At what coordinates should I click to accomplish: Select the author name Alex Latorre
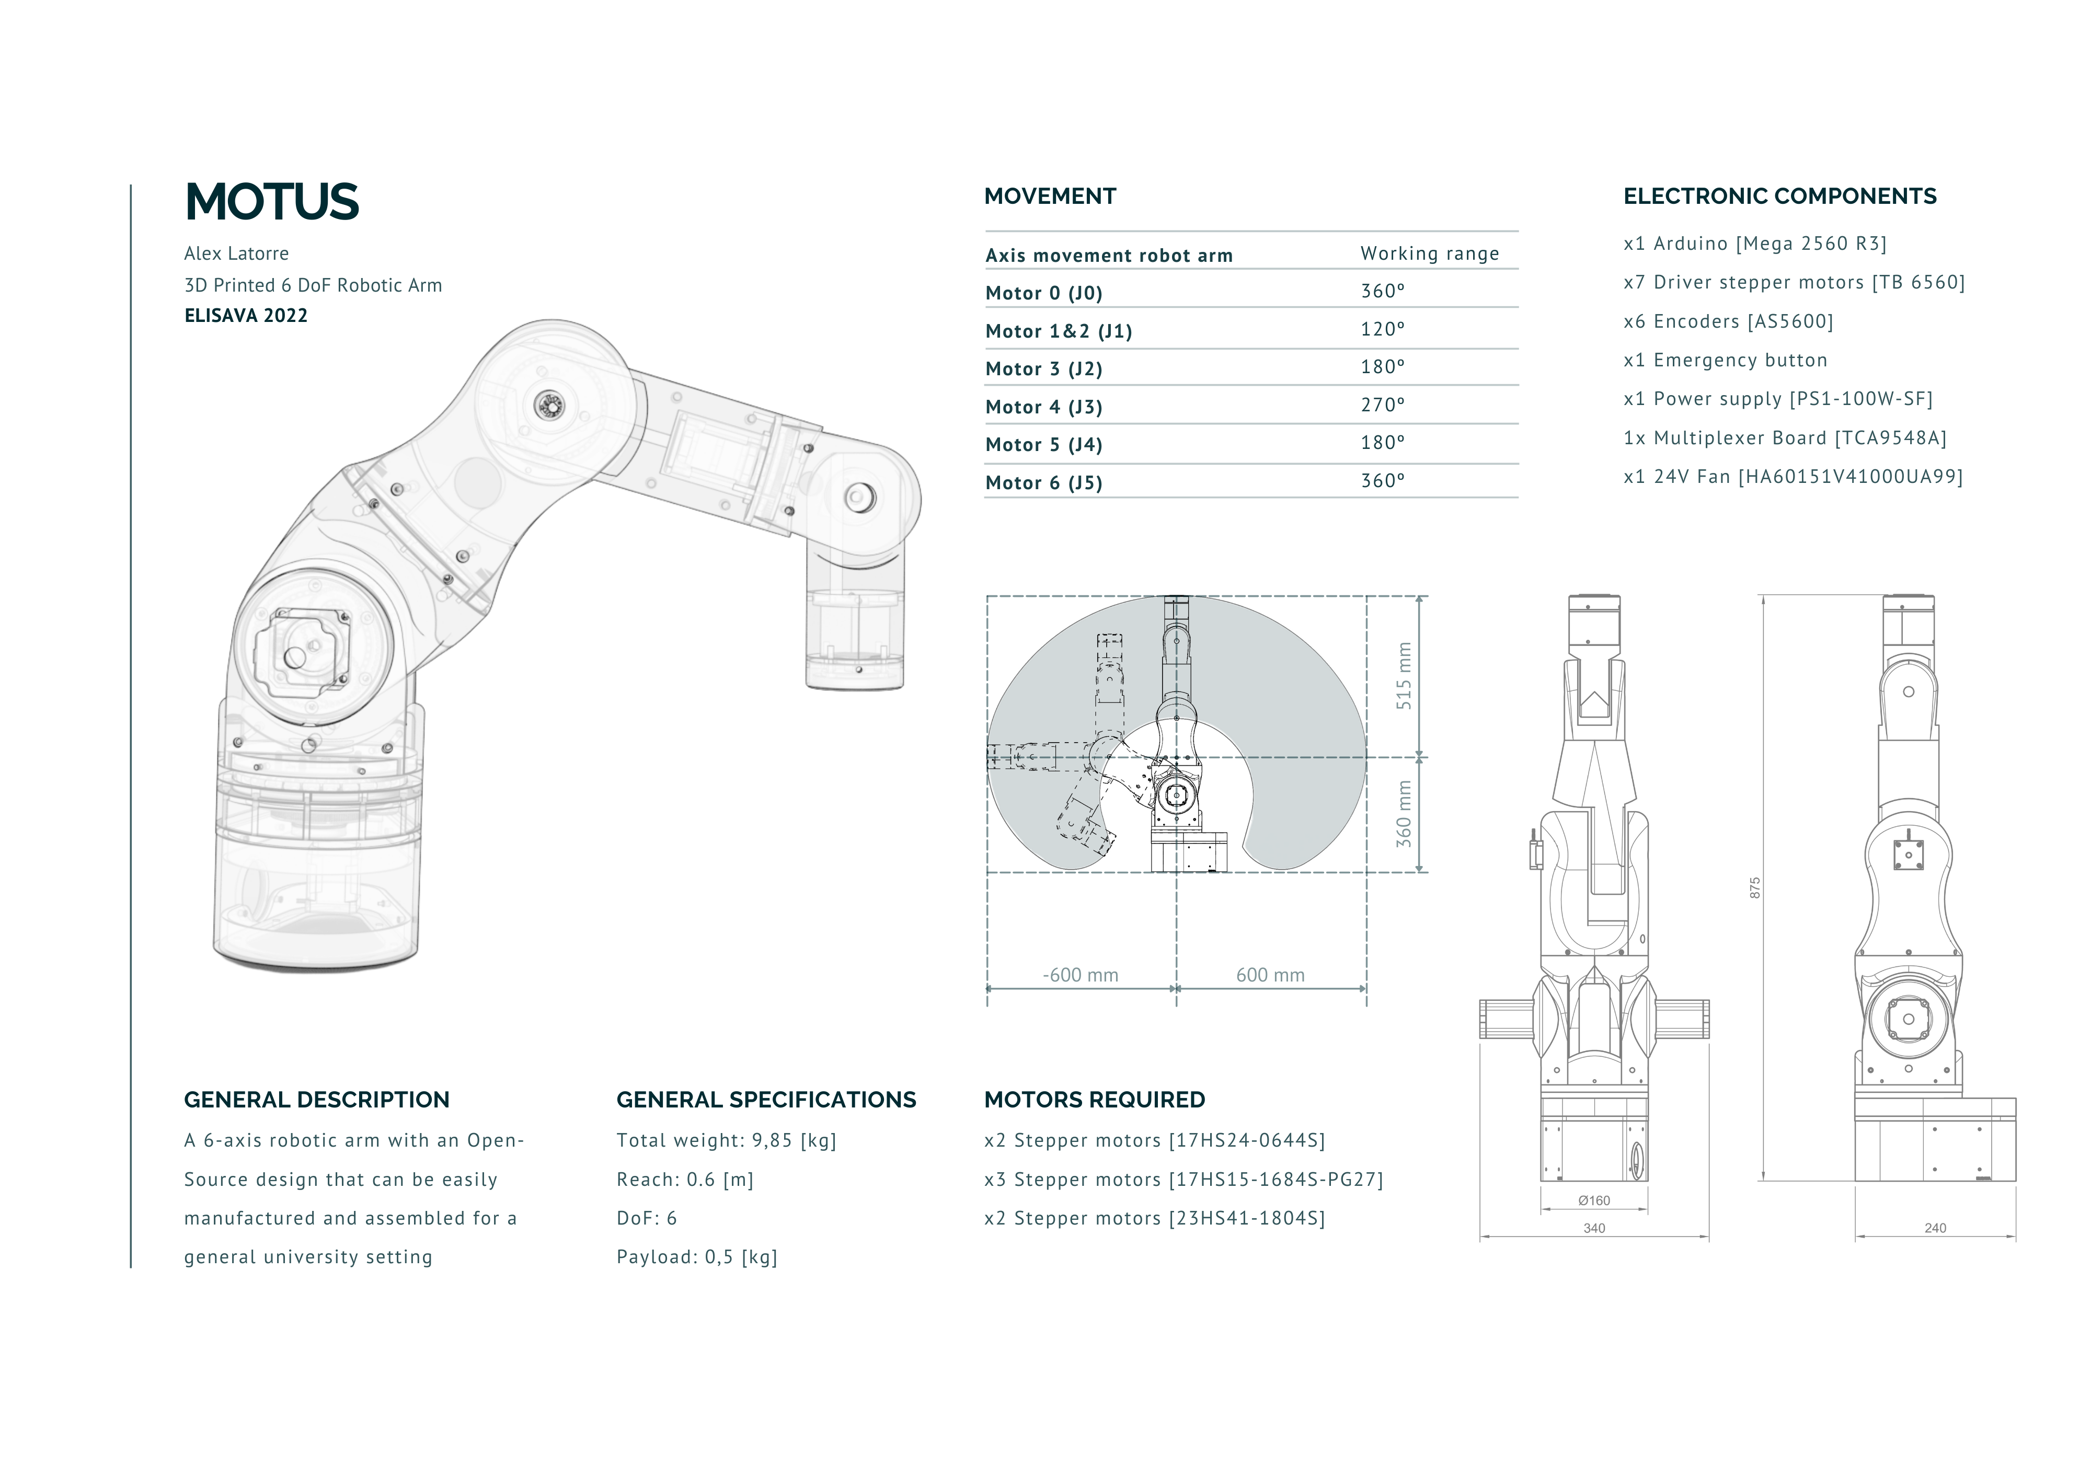(237, 253)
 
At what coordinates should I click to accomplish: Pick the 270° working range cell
(1383, 405)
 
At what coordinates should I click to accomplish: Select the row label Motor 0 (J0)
(1044, 293)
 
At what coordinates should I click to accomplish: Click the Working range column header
(1430, 254)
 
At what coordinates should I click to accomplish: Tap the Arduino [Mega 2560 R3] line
(1755, 244)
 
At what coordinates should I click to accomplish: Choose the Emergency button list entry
(1726, 361)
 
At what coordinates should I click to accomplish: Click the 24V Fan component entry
(1793, 477)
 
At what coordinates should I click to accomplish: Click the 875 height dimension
(1754, 888)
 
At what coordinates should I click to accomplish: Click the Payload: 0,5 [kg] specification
(697, 1257)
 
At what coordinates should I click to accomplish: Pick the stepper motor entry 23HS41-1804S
(1155, 1218)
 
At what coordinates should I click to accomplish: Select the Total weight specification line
(727, 1141)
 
